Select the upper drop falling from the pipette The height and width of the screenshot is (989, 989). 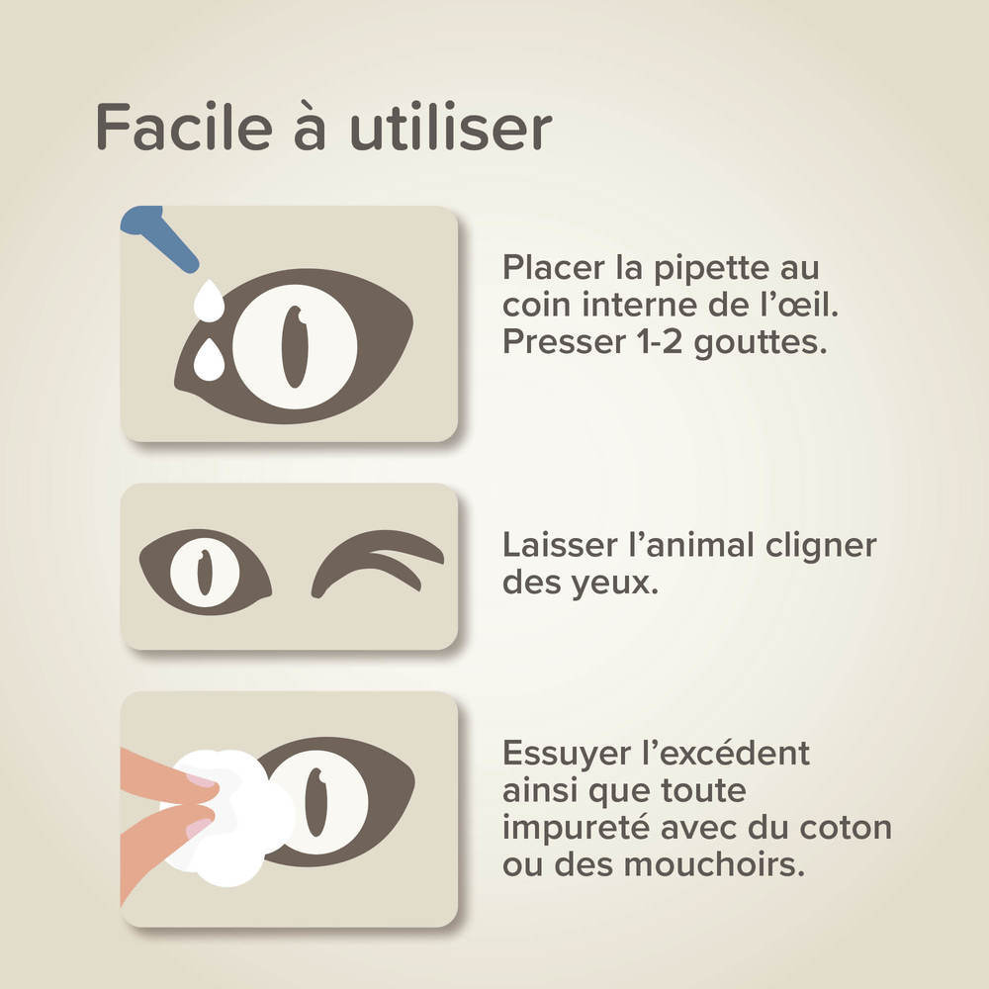click(210, 301)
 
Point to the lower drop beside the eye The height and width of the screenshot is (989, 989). click(209, 362)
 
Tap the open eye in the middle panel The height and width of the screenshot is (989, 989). click(206, 572)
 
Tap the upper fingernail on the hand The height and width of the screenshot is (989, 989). click(201, 781)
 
